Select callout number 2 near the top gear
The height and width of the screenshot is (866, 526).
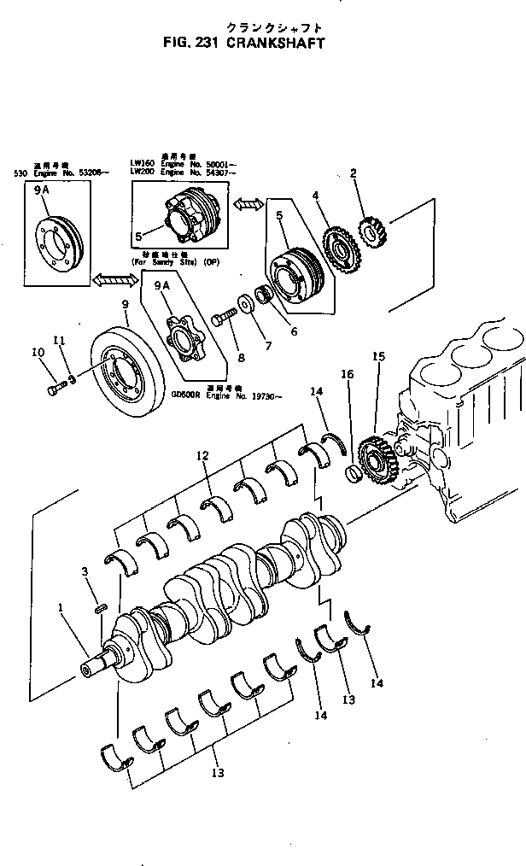point(353,173)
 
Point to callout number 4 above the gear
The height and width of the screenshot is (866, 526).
point(315,196)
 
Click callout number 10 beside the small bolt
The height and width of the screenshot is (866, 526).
point(37,352)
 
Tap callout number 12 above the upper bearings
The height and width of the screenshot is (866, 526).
point(202,458)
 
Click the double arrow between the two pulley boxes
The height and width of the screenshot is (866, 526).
point(248,205)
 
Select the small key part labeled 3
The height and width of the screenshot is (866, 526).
point(101,608)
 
